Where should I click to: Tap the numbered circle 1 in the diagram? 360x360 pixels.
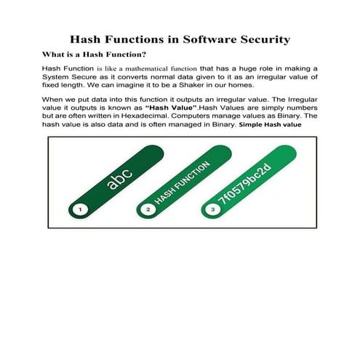81,209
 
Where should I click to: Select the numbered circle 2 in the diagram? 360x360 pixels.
148,209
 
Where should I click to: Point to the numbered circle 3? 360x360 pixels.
212,209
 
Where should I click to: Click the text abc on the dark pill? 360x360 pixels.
120,177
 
